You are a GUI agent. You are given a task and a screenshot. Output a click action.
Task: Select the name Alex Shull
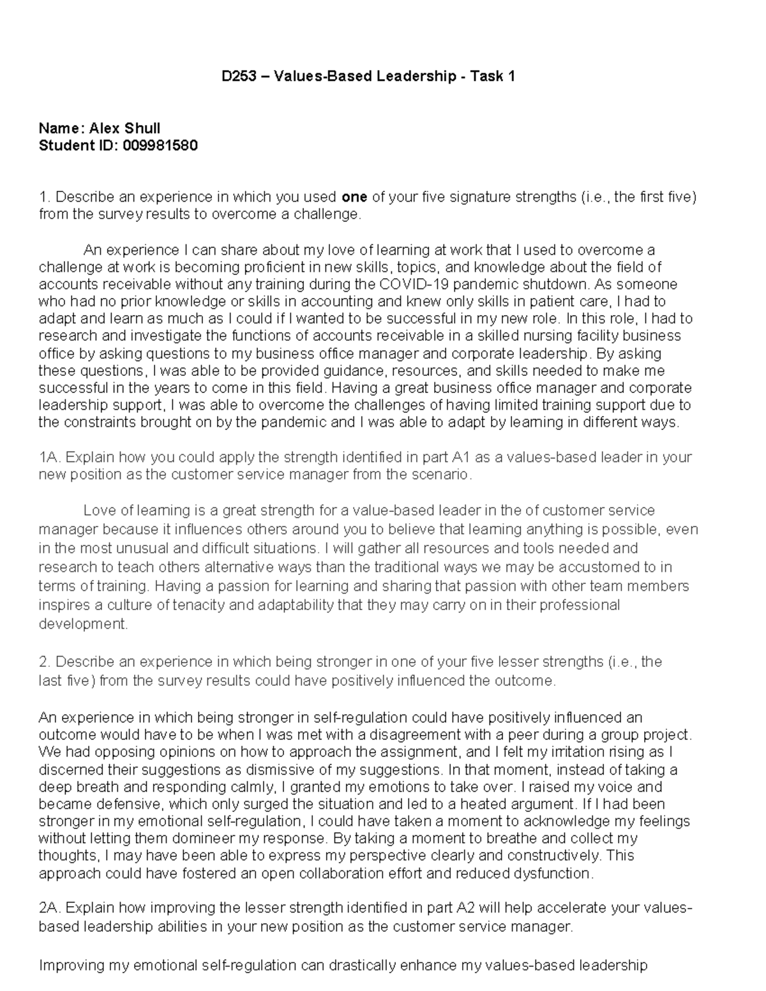124,128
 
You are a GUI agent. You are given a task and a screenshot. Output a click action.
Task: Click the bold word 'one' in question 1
354,197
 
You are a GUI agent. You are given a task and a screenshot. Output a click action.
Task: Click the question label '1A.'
50,458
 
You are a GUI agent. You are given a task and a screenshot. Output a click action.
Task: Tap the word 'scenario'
445,475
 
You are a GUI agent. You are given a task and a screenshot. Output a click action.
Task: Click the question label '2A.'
50,908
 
